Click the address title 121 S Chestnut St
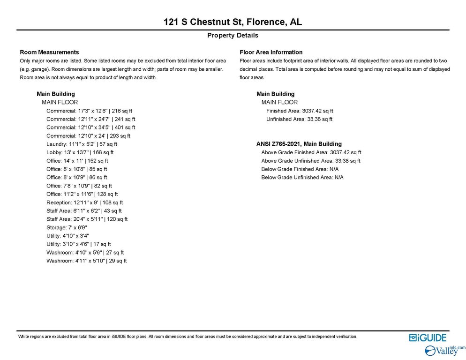[x=233, y=22]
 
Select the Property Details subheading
[x=233, y=35]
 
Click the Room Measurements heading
[x=49, y=52]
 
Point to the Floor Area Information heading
[x=271, y=52]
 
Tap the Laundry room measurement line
[x=82, y=144]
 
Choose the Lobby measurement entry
[x=80, y=152]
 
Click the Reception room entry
[x=84, y=202]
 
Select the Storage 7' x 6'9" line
[x=67, y=227]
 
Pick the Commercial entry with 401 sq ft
[x=90, y=127]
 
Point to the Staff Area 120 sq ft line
[x=87, y=219]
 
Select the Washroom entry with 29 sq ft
[x=86, y=261]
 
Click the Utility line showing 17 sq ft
[x=78, y=244]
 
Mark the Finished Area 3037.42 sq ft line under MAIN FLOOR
[x=300, y=111]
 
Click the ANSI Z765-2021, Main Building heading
[x=299, y=144]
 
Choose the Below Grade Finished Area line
[x=300, y=169]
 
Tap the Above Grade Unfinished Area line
[x=310, y=161]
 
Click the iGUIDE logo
[x=427, y=338]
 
